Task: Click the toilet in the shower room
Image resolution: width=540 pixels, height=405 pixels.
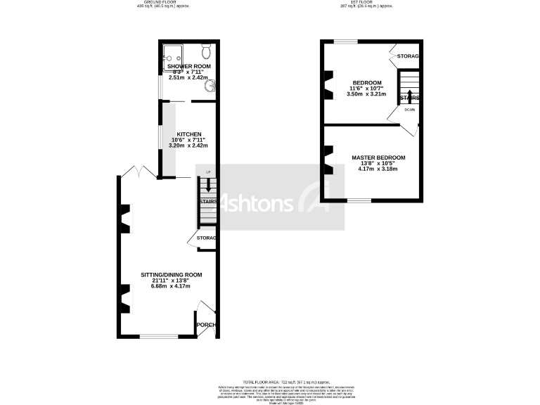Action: pyautogui.click(x=205, y=52)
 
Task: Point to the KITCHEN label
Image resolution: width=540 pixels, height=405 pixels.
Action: pyautogui.click(x=189, y=134)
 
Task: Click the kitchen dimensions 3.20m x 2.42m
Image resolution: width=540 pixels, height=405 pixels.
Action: pyautogui.click(x=189, y=146)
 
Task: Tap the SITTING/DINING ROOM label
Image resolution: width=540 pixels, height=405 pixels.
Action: pyautogui.click(x=172, y=274)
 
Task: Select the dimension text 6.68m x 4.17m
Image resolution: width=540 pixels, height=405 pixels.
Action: pyautogui.click(x=172, y=286)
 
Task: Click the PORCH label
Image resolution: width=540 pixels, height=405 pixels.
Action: pyautogui.click(x=206, y=325)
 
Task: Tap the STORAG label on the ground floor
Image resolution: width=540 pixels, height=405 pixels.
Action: pyautogui.click(x=206, y=238)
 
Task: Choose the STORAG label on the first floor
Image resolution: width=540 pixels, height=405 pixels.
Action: pyautogui.click(x=408, y=56)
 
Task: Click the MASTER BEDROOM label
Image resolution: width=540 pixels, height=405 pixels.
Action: pyautogui.click(x=378, y=157)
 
